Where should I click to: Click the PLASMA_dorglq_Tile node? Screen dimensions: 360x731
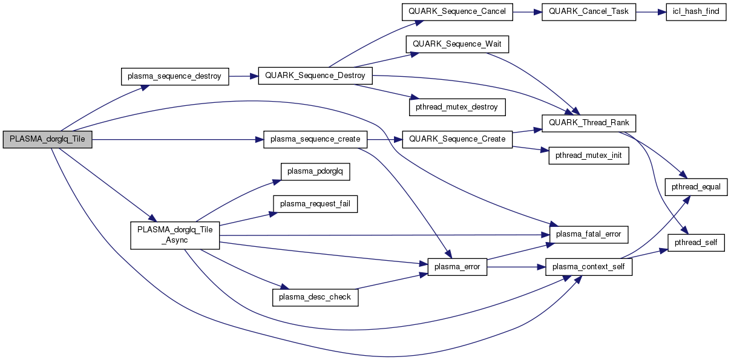[47, 139]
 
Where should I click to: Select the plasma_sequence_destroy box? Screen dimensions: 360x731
[175, 76]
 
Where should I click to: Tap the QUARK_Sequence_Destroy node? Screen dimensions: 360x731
[315, 76]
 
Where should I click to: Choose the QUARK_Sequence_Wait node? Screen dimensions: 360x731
[457, 44]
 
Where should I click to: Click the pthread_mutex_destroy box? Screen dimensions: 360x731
[457, 107]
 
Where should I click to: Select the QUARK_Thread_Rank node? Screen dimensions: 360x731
[588, 123]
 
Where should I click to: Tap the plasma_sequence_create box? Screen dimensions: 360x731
[315, 139]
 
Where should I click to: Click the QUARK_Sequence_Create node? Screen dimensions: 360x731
[457, 139]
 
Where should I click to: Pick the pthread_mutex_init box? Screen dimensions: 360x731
[588, 155]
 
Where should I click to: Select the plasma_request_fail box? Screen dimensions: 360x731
[315, 204]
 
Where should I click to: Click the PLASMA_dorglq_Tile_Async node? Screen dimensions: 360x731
[175, 235]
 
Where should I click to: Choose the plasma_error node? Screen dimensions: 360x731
[457, 267]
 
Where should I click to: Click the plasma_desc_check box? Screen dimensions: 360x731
[315, 297]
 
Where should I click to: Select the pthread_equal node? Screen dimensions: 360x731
[696, 187]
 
